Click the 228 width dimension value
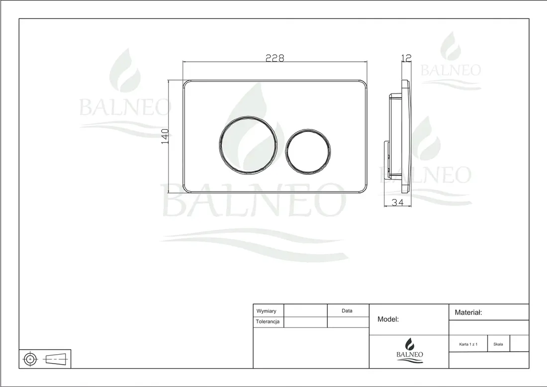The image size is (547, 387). point(275,58)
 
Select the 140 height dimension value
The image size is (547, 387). point(165,136)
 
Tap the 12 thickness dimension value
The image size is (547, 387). point(407,58)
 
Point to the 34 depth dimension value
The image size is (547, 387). point(397,202)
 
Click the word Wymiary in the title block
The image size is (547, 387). point(266,311)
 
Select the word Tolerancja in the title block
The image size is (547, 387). point(268,322)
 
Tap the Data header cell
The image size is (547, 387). point(347,310)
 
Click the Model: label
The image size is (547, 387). point(388,319)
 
